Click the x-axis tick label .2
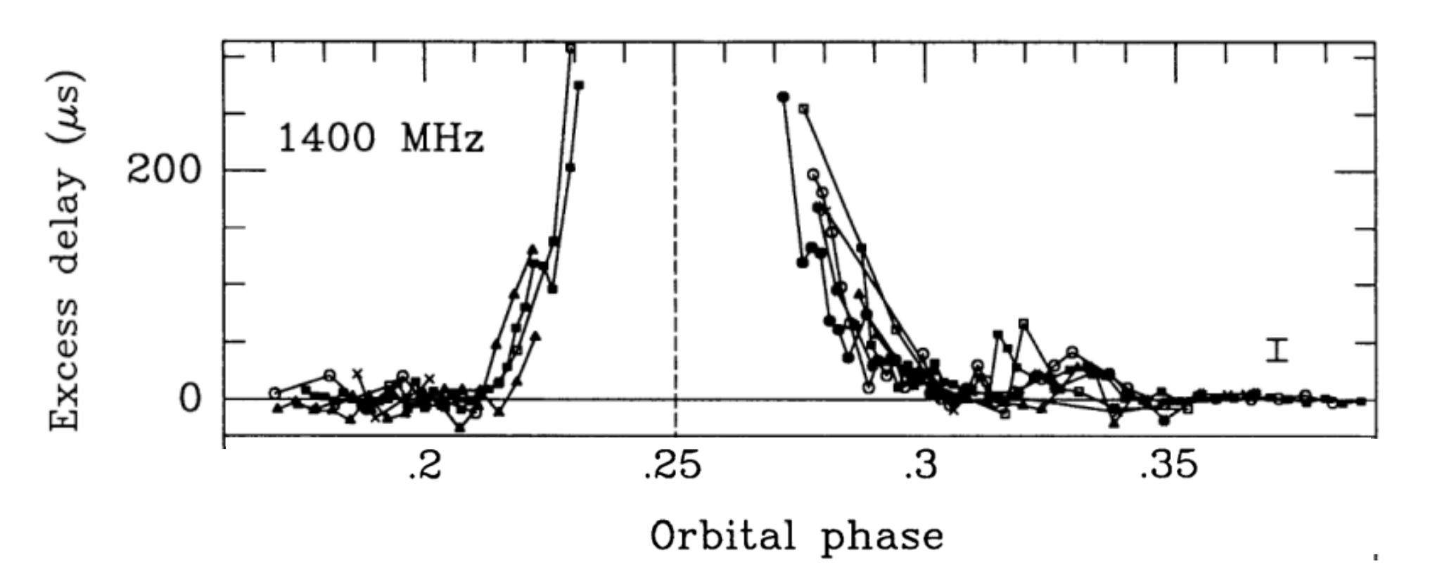(425, 466)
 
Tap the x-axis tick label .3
(922, 466)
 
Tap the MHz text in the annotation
(442, 138)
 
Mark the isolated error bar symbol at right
(1277, 350)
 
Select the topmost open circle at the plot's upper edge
(570, 49)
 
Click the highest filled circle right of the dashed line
(783, 97)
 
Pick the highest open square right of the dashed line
(803, 108)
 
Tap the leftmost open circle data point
(275, 393)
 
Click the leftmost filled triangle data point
(277, 407)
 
